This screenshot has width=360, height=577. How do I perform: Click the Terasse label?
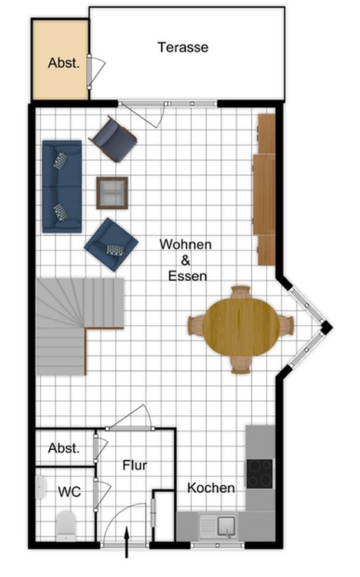pyautogui.click(x=183, y=47)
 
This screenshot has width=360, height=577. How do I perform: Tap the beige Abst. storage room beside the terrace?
pyautogui.click(x=60, y=59)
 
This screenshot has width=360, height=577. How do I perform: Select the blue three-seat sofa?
pyautogui.click(x=62, y=186)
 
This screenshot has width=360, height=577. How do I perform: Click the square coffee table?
pyautogui.click(x=112, y=193)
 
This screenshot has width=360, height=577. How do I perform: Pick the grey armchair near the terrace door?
pyautogui.click(x=113, y=139)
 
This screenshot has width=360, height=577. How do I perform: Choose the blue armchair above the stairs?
pyautogui.click(x=111, y=244)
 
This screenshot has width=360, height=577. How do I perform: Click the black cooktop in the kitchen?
pyautogui.click(x=260, y=473)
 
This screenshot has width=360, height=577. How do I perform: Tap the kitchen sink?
pyautogui.click(x=217, y=526)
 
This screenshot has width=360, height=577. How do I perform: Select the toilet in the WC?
pyautogui.click(x=66, y=525)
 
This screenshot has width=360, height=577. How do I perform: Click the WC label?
pyautogui.click(x=70, y=491)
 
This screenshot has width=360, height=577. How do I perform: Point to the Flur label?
pyautogui.click(x=134, y=466)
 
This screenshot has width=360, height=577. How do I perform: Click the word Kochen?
pyautogui.click(x=211, y=488)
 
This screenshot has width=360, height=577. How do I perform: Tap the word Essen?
pyautogui.click(x=188, y=276)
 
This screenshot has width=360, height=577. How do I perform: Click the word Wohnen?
pyautogui.click(x=186, y=244)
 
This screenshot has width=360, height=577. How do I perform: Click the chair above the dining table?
pyautogui.click(x=240, y=292)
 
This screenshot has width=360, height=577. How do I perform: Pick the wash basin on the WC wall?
pyautogui.click(x=41, y=487)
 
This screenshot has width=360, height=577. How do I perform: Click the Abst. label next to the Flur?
pyautogui.click(x=63, y=448)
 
